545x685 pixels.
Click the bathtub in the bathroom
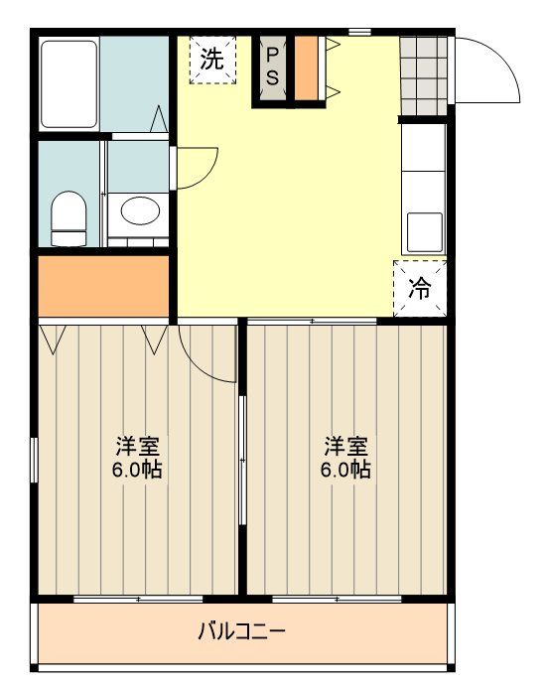[69, 83]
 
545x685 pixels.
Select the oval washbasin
[138, 210]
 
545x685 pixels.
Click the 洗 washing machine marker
[212, 60]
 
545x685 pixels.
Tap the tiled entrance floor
[421, 75]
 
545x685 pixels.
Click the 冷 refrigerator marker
[420, 288]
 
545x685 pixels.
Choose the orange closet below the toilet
[103, 284]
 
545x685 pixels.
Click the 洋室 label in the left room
[137, 445]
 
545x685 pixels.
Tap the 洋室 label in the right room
[344, 445]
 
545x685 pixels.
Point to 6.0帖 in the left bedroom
[137, 470]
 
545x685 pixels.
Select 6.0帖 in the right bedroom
[344, 470]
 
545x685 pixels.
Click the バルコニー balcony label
[241, 630]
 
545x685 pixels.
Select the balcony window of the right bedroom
[337, 600]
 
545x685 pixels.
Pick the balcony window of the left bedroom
[138, 600]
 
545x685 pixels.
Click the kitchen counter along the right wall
[423, 189]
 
